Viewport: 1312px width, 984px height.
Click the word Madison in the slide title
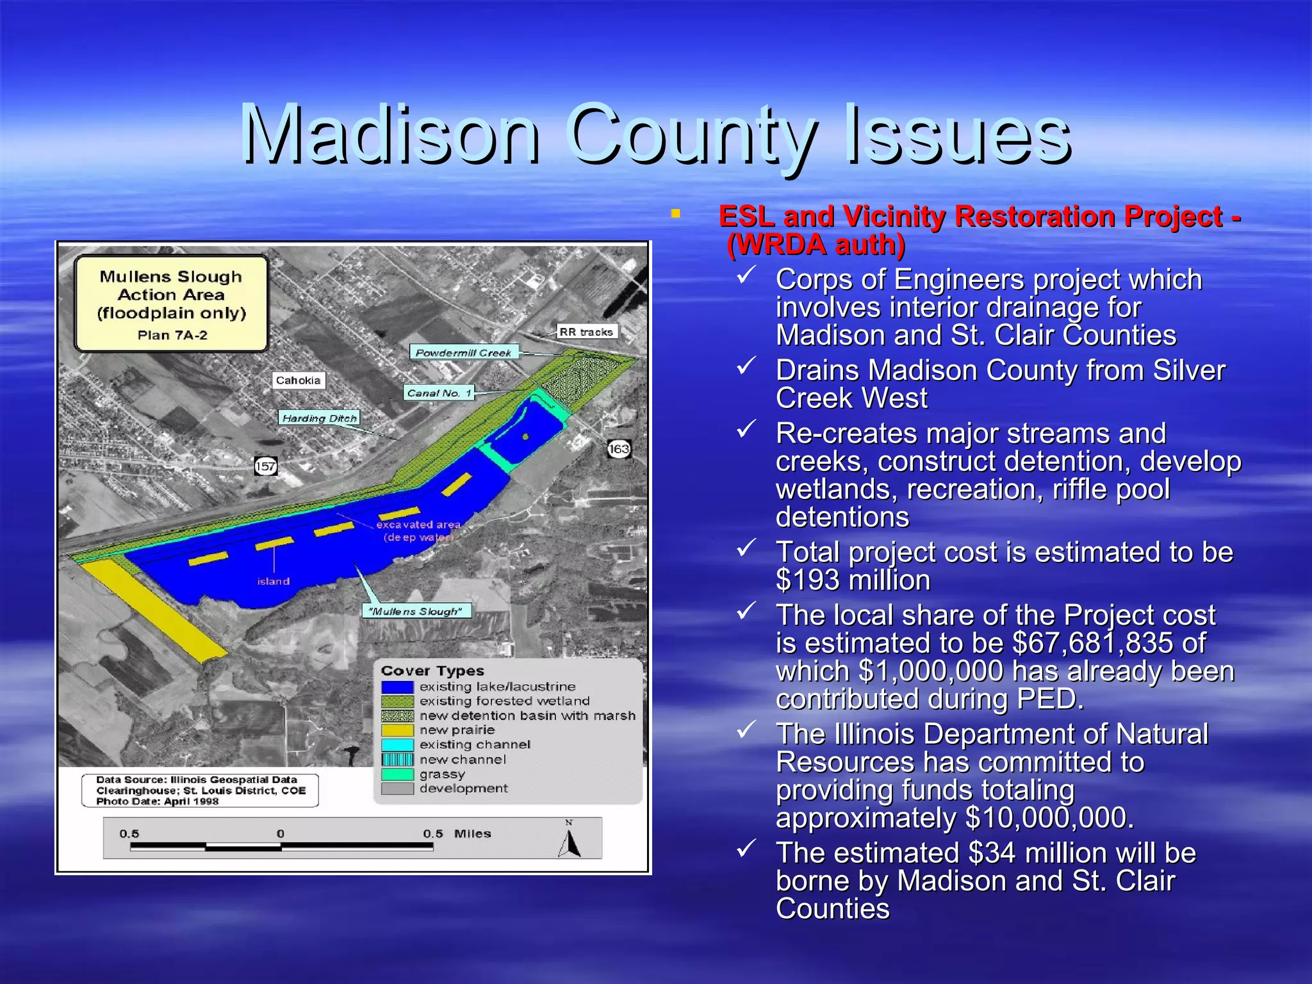[x=391, y=135]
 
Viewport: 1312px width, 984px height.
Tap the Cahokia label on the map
[x=298, y=381]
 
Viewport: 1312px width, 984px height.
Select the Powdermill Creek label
[x=463, y=353]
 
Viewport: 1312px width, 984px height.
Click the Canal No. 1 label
[x=439, y=393]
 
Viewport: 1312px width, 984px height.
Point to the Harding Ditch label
[x=319, y=418]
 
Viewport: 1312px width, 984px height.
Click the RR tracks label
[x=586, y=332]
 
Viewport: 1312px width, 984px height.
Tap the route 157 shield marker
[x=265, y=466]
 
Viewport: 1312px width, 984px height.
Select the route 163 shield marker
[x=619, y=449]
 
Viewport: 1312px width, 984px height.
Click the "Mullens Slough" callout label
[x=416, y=611]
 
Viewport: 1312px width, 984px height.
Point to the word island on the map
[x=274, y=582]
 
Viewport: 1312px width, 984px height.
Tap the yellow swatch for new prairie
[x=397, y=730]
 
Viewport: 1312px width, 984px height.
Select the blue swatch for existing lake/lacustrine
[x=397, y=687]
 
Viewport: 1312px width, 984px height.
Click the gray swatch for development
[x=397, y=789]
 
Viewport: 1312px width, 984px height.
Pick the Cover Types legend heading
[x=432, y=671]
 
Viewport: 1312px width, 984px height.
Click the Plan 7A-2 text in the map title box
[x=172, y=335]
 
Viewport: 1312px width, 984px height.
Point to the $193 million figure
[x=852, y=580]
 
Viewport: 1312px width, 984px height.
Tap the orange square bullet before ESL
[x=675, y=214]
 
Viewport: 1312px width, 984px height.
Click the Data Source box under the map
[x=200, y=791]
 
